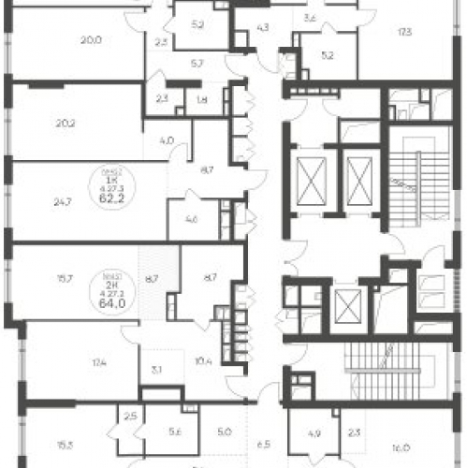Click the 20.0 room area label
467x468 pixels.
pos(90,40)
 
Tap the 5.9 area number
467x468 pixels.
pos(197,24)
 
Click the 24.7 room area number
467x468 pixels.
pos(63,199)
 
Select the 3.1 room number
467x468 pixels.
pos(154,369)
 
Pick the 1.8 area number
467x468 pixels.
pos(203,97)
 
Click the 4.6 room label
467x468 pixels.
pos(190,222)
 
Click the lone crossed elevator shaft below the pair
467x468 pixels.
pos(347,306)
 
